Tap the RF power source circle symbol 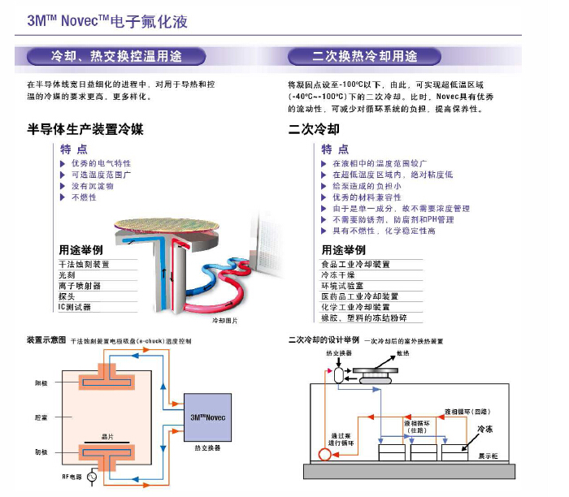(x=92, y=478)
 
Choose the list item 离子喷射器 (x=80, y=286)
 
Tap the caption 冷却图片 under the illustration (x=225, y=321)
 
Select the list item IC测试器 (x=75, y=307)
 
